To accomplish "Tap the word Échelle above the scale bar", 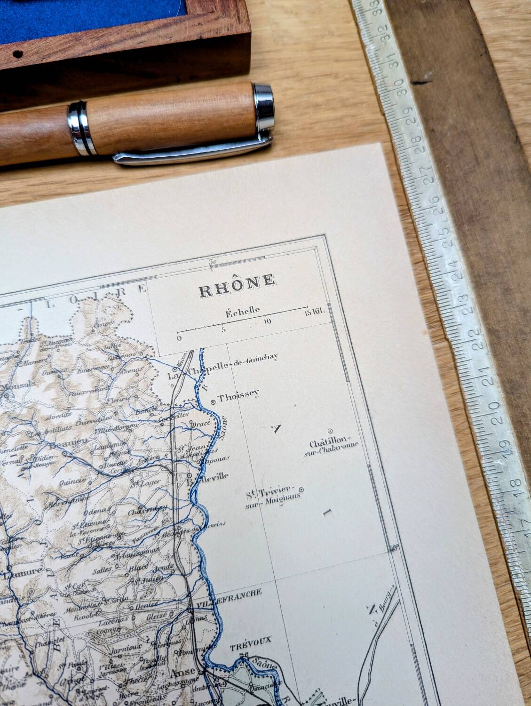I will pyautogui.click(x=242, y=311).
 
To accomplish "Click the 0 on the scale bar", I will pyautogui.click(x=178, y=338).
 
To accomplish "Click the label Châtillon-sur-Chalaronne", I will pyautogui.click(x=334, y=448).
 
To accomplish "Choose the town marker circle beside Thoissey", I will pyautogui.click(x=213, y=401).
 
